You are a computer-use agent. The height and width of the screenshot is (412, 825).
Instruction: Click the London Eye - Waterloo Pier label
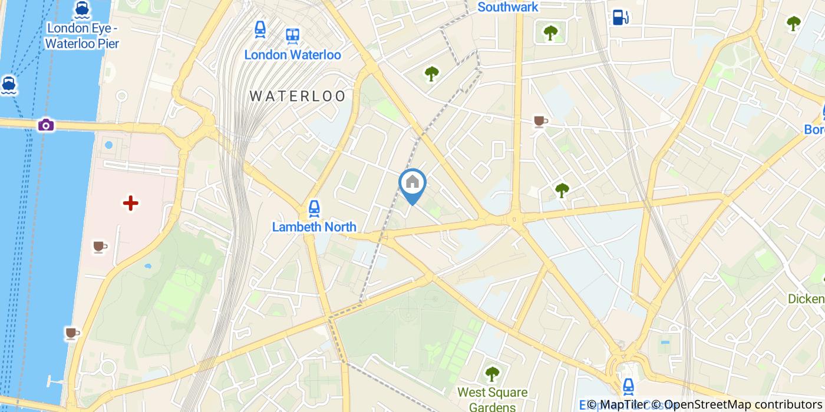click(x=82, y=35)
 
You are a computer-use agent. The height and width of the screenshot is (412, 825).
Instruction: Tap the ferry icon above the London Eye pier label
click(x=82, y=9)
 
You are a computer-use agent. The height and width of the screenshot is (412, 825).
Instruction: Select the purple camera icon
click(x=46, y=125)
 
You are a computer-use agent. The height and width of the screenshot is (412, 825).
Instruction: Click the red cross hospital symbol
click(x=130, y=204)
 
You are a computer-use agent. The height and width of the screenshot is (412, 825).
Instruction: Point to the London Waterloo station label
click(x=292, y=55)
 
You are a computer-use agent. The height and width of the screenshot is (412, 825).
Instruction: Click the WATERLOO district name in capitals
click(x=298, y=96)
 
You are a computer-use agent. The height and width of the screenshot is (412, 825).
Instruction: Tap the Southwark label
click(x=507, y=7)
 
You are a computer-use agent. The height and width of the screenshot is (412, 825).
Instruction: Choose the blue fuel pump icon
click(x=619, y=18)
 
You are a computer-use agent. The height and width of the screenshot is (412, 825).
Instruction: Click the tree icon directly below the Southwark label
click(x=550, y=32)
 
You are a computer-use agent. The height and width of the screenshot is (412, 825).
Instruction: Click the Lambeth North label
click(x=314, y=227)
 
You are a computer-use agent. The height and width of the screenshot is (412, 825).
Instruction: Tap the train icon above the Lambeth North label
click(x=314, y=208)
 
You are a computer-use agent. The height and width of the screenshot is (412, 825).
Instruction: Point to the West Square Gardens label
click(x=493, y=398)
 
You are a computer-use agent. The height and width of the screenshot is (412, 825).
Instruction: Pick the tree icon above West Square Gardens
click(x=492, y=373)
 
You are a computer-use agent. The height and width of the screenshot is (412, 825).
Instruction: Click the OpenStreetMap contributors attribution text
click(x=737, y=404)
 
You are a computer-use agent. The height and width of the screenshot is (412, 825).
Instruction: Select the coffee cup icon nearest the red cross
click(x=100, y=246)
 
